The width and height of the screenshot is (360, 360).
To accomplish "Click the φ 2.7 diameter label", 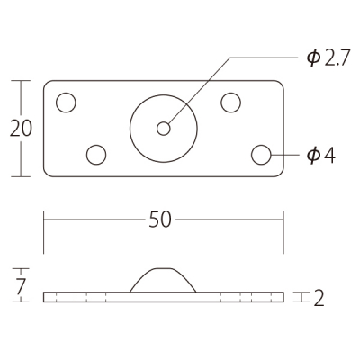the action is coord(328,58).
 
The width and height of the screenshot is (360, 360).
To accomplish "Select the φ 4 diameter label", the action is coord(320,156).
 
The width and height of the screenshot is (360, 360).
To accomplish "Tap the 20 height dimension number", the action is coord(21,129).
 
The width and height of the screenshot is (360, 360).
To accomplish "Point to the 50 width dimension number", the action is coord(160,220).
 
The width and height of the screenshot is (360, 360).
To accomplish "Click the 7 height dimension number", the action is coord(21,286).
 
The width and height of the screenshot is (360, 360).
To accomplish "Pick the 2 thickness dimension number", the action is coord(319,298).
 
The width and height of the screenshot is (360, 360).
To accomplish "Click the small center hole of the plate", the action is coord(164,129).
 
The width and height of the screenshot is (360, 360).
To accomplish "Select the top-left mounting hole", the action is coord(66,103).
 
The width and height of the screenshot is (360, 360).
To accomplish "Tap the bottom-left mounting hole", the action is coord(96,155).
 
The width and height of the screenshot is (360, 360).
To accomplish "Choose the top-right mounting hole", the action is coord(230,103).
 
